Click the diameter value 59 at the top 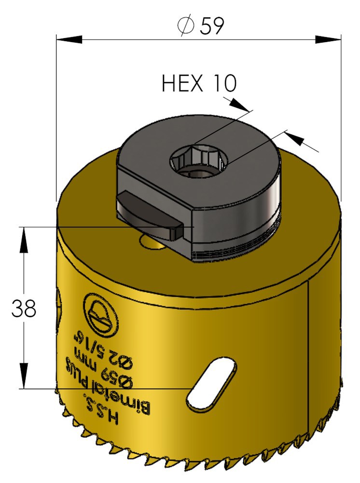[x=211, y=26]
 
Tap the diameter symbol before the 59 [x=186, y=26]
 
